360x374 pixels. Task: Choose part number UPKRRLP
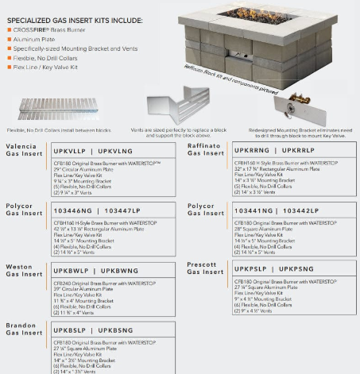297,149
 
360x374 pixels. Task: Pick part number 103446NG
72,210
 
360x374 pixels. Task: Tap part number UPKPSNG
297,270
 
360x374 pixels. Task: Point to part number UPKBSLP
69,330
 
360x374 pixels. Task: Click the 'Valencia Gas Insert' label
23,151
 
